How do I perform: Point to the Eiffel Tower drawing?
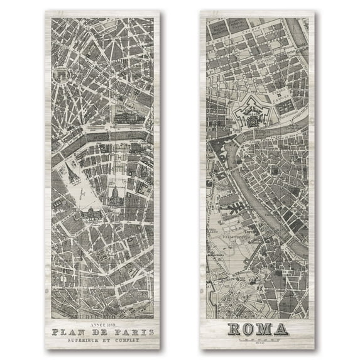(73, 177)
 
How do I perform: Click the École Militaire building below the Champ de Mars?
(93, 215)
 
